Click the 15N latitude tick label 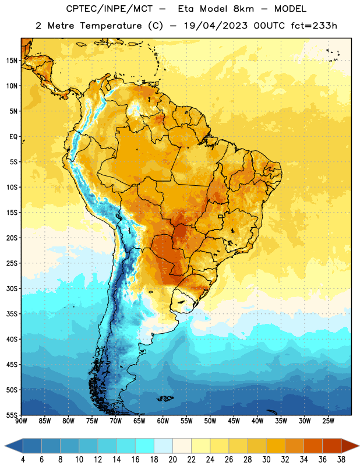point(12,61)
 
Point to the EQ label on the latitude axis point(13,137)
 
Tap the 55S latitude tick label point(12,415)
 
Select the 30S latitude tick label point(12,288)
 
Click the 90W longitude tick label point(21,421)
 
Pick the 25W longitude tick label point(328,421)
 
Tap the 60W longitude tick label point(163,421)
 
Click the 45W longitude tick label point(234,421)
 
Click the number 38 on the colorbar point(341,460)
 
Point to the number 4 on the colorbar point(23,460)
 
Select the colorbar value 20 point(172,460)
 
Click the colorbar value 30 point(266,460)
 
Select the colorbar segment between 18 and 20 point(163,446)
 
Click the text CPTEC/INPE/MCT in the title point(110,9)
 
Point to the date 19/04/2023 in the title point(216,26)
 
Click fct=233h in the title point(314,26)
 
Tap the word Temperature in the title point(111,26)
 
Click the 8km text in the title point(243,9)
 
